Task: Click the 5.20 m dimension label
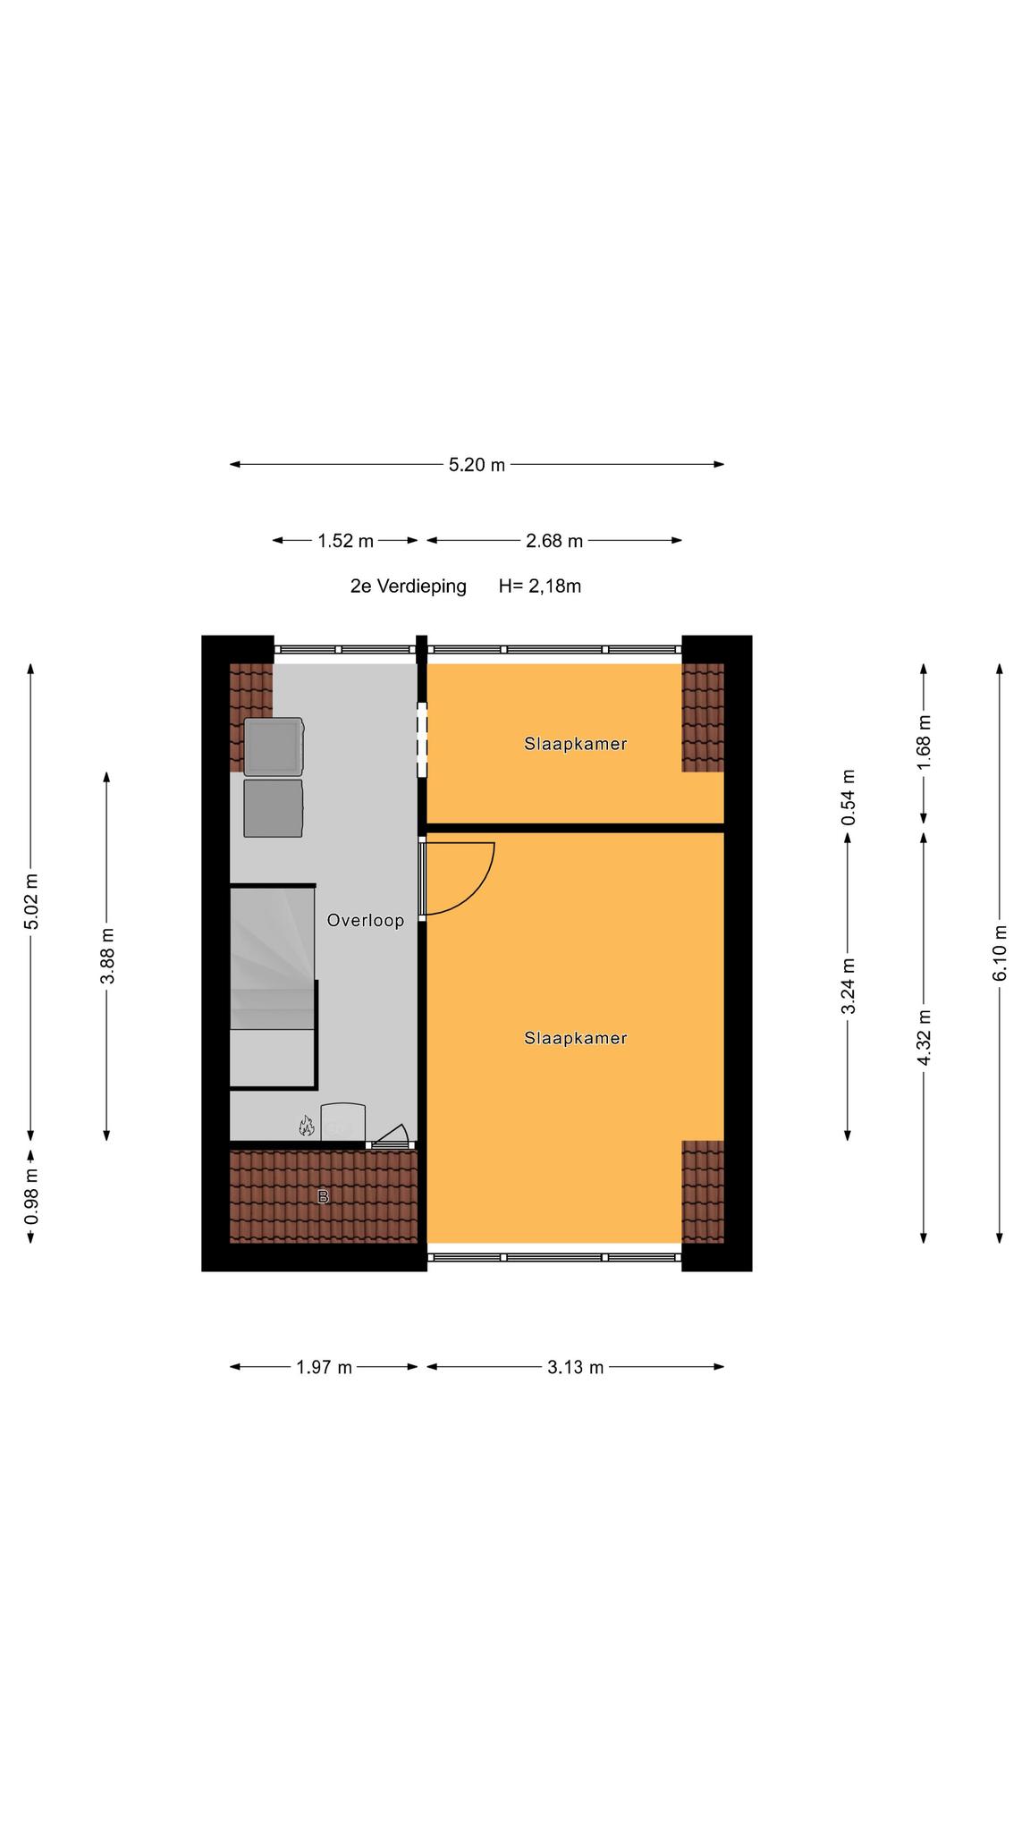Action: point(477,465)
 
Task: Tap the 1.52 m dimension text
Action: point(345,541)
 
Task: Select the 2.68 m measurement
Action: point(554,541)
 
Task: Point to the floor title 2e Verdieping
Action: point(409,586)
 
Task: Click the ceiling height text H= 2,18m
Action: point(540,586)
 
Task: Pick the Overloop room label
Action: point(366,920)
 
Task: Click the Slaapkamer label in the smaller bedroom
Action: point(576,744)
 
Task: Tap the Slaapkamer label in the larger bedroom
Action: point(576,1038)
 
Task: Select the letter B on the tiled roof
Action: point(324,1196)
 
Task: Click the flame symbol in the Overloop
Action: point(307,1126)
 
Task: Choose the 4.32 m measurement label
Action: point(924,1037)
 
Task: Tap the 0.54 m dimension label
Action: point(848,797)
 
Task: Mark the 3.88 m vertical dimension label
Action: point(107,956)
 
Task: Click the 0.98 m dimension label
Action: point(31,1197)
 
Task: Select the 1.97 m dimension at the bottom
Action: point(324,1367)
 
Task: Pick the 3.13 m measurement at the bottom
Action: point(576,1367)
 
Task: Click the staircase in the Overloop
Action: point(274,987)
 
